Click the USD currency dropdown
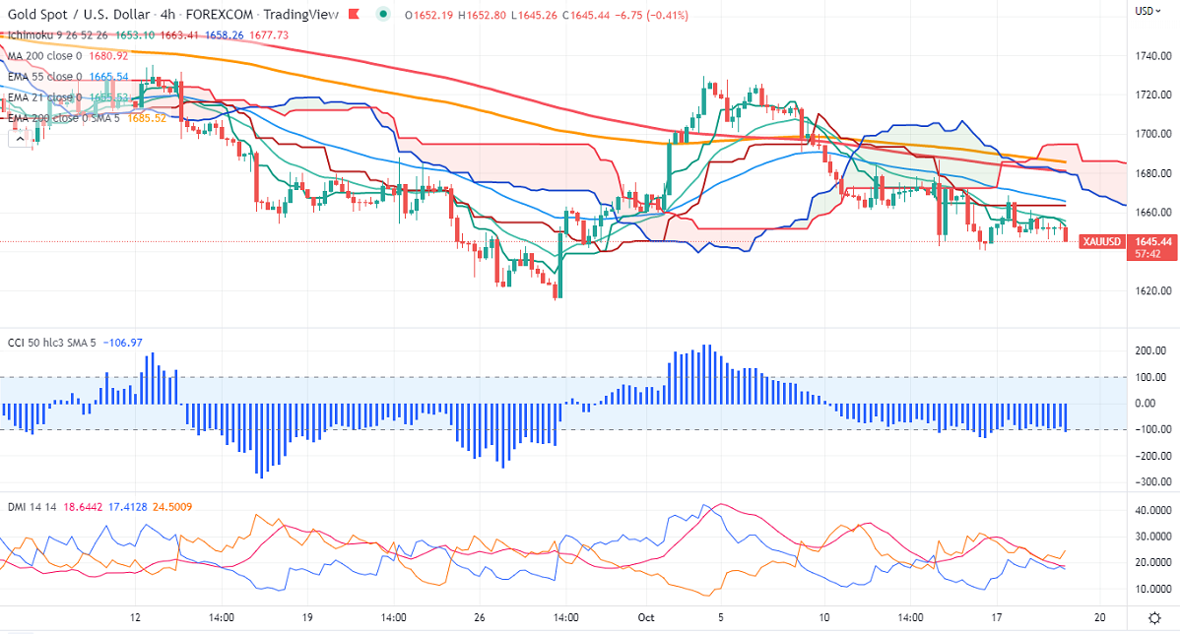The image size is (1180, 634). tap(1146, 10)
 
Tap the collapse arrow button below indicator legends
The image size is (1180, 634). tap(19, 140)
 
